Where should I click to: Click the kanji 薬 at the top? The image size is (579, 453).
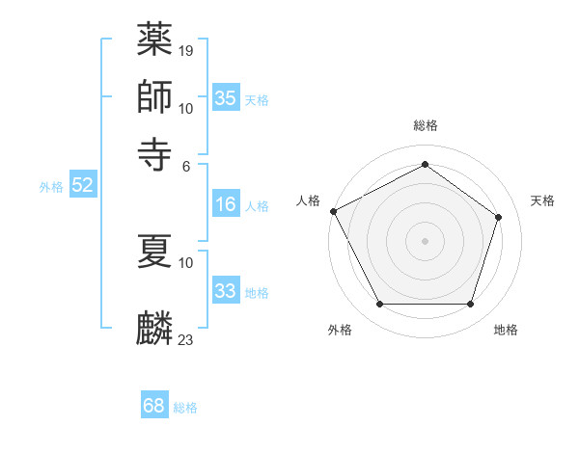(154, 40)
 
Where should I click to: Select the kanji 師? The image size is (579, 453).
(154, 96)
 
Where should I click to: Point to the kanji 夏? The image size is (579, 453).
(154, 250)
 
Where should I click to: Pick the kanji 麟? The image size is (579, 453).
(154, 328)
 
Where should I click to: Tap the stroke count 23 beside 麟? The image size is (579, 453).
(186, 339)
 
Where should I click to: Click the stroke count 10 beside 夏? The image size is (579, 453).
(186, 261)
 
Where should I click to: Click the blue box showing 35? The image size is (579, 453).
(226, 98)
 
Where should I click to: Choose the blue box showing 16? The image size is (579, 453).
(226, 204)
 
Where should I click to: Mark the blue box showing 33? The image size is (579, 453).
(226, 291)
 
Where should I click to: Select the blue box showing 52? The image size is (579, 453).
(82, 185)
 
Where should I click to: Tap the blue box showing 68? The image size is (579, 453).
(154, 406)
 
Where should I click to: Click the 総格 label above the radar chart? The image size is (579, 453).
(425, 125)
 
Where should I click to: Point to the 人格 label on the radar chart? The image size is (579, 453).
(309, 200)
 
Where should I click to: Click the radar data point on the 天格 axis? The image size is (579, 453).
(498, 218)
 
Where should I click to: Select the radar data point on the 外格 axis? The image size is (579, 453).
(379, 305)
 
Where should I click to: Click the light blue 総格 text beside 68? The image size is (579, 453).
(185, 408)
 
